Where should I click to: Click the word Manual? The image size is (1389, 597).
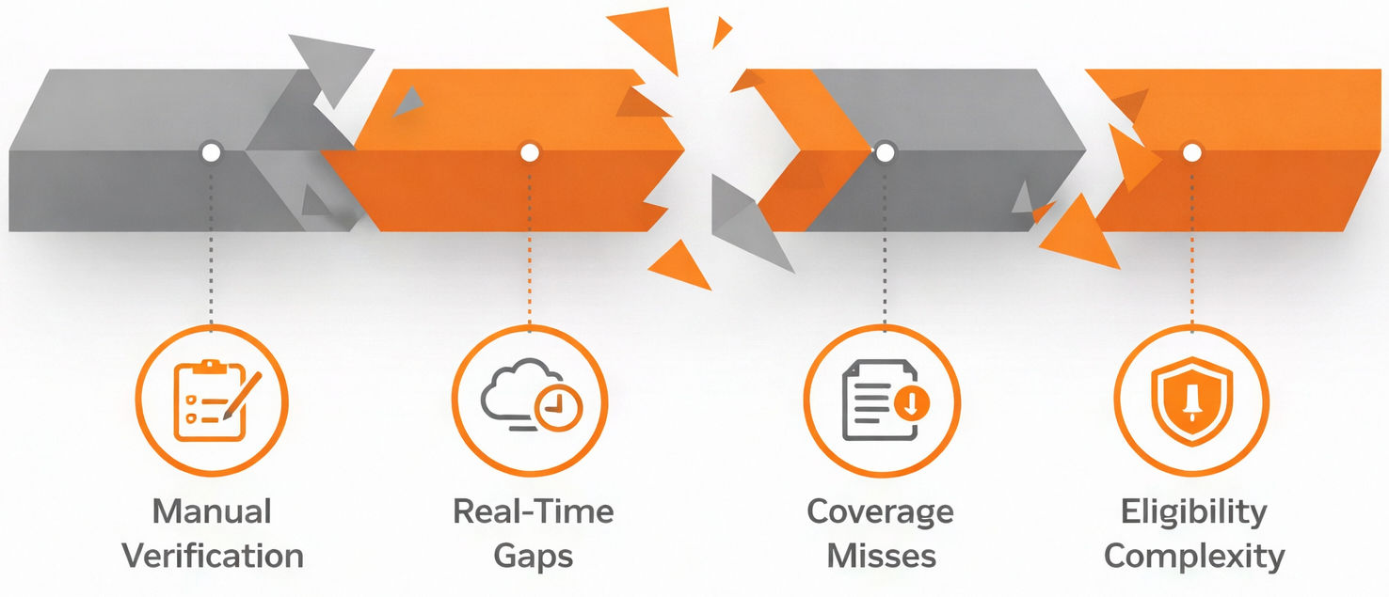tap(212, 512)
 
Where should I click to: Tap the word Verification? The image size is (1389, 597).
tap(213, 556)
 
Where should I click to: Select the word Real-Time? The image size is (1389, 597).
tap(533, 511)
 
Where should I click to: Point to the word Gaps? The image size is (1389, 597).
tap(533, 556)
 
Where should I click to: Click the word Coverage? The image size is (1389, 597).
tap(880, 512)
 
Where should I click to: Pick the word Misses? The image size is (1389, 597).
tap(881, 556)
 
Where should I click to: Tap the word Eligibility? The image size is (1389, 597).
tap(1193, 512)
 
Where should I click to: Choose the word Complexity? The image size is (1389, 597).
tap(1193, 556)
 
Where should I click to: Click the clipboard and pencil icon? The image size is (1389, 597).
tap(212, 401)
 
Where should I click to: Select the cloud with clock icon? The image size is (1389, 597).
tap(530, 398)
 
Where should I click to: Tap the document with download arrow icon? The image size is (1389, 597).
tap(882, 400)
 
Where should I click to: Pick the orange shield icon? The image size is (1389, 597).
tap(1191, 400)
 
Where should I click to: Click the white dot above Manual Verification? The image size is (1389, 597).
tap(211, 151)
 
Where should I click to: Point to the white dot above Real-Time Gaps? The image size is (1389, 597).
tap(530, 151)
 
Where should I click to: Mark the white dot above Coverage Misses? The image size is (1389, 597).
tap(885, 151)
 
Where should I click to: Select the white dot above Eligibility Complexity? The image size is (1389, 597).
tap(1191, 151)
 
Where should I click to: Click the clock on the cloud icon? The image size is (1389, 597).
tap(558, 406)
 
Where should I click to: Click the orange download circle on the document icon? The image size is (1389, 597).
tap(910, 404)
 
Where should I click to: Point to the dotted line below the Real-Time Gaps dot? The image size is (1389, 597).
tap(530, 244)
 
